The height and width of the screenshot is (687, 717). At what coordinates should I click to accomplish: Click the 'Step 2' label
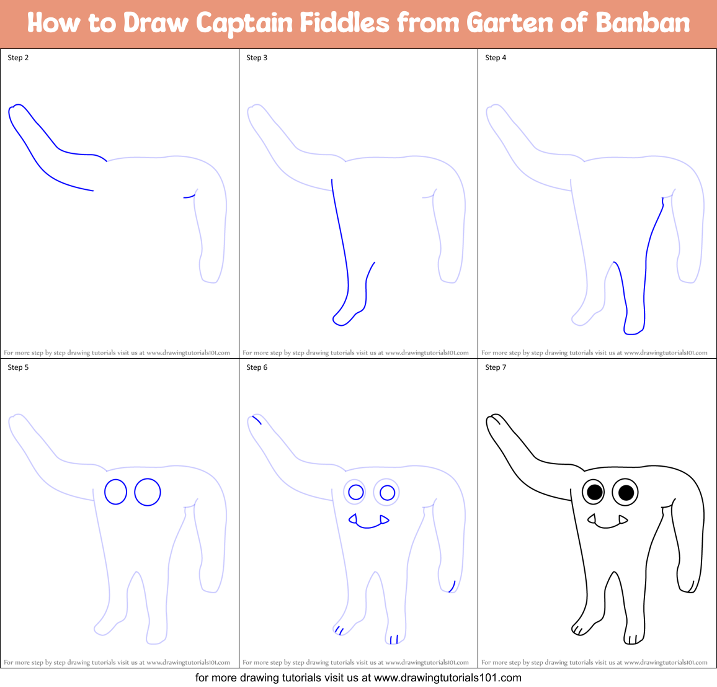pos(18,58)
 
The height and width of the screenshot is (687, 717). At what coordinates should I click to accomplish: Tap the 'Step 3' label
pos(257,58)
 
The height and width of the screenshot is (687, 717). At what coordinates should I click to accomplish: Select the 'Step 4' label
pos(496,58)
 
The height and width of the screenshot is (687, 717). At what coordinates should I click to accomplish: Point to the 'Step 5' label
pos(18,367)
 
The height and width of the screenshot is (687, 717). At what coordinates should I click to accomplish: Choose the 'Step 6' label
pos(257,367)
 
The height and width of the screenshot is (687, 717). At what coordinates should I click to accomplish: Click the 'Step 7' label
pos(496,367)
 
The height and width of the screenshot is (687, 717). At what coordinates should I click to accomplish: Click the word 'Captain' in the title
pos(244,24)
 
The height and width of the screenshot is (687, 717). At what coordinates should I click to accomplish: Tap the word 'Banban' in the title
pos(643,24)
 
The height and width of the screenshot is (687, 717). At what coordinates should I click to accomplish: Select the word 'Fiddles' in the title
pos(345,24)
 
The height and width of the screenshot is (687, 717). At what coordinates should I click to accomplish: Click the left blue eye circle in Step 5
pos(115,492)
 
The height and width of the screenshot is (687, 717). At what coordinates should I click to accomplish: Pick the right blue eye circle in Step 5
pos(148,492)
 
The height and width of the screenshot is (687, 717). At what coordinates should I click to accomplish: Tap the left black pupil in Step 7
pos(594,493)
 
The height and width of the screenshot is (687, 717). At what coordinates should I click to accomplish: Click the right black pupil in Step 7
pos(626,493)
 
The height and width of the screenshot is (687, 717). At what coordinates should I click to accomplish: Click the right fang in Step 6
pos(384,519)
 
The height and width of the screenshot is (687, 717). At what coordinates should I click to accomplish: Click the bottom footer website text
pos(358,678)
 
